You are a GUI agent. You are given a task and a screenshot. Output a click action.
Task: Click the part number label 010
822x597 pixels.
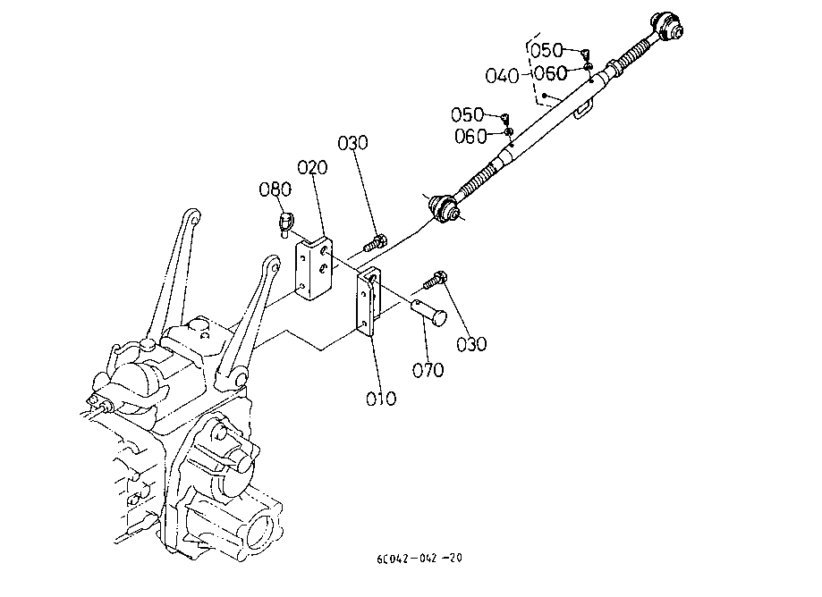click(381, 399)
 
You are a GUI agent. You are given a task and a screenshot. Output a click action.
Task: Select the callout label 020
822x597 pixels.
click(312, 168)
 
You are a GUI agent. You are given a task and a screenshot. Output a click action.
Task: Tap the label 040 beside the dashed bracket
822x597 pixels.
click(502, 76)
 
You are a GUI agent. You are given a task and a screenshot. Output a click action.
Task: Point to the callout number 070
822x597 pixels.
click(428, 371)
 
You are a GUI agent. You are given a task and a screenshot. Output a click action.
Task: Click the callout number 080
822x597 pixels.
click(275, 189)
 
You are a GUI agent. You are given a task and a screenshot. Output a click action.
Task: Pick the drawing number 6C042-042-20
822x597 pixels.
click(419, 559)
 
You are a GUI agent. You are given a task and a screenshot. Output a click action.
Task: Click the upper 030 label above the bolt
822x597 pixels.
click(352, 143)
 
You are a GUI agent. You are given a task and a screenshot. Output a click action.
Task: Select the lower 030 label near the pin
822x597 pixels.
click(471, 345)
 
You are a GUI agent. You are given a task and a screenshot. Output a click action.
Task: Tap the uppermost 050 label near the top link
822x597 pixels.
click(547, 51)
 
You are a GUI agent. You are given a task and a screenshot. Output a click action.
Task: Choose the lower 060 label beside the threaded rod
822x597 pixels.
click(470, 137)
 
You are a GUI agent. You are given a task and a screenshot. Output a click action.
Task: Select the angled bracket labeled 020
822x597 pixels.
click(314, 269)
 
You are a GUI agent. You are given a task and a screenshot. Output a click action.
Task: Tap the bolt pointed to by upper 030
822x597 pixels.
click(376, 243)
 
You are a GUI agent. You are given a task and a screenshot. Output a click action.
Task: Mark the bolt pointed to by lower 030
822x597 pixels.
click(435, 280)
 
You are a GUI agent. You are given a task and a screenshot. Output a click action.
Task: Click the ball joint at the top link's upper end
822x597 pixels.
click(666, 26)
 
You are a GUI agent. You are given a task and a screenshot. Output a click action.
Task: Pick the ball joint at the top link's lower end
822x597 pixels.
click(443, 208)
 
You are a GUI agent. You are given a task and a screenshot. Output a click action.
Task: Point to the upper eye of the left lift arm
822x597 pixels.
click(192, 216)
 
